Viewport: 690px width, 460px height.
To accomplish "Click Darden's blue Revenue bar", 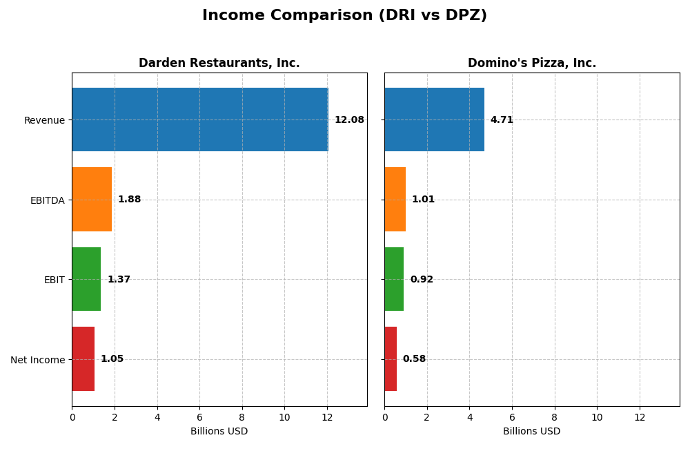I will pyautogui.click(x=200, y=119).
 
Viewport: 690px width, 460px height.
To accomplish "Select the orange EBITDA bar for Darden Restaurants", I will pyautogui.click(x=92, y=200).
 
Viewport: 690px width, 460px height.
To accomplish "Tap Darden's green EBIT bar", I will pyautogui.click(x=86, y=279).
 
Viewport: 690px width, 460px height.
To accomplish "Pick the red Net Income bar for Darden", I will pyautogui.click(x=83, y=359).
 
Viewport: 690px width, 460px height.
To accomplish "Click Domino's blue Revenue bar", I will pyautogui.click(x=434, y=119).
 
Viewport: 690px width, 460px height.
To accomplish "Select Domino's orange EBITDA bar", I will pyautogui.click(x=395, y=200).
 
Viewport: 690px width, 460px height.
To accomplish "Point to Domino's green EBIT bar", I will pyautogui.click(x=394, y=279).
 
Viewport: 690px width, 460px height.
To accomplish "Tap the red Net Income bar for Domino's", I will pyautogui.click(x=391, y=359).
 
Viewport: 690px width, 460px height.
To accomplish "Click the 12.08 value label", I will pyautogui.click(x=349, y=120).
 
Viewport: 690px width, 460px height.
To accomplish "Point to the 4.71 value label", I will pyautogui.click(x=502, y=120).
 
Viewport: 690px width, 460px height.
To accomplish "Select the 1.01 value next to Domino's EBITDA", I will pyautogui.click(x=423, y=200).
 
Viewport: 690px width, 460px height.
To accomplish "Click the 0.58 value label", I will pyautogui.click(x=414, y=359).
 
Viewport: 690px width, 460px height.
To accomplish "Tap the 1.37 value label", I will pyautogui.click(x=119, y=280).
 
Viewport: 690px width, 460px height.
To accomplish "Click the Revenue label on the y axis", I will pyautogui.click(x=44, y=120).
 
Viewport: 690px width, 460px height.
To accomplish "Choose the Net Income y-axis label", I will pyautogui.click(x=37, y=360).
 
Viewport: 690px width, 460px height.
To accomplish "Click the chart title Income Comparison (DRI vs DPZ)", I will pyautogui.click(x=344, y=16).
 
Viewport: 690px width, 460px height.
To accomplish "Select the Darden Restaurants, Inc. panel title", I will pyautogui.click(x=219, y=64).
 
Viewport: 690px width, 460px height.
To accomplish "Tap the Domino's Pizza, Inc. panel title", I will pyautogui.click(x=531, y=64).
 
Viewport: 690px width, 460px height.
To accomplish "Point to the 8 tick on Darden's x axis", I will pyautogui.click(x=242, y=417).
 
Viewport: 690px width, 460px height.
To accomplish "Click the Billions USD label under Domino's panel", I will pyautogui.click(x=531, y=432).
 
